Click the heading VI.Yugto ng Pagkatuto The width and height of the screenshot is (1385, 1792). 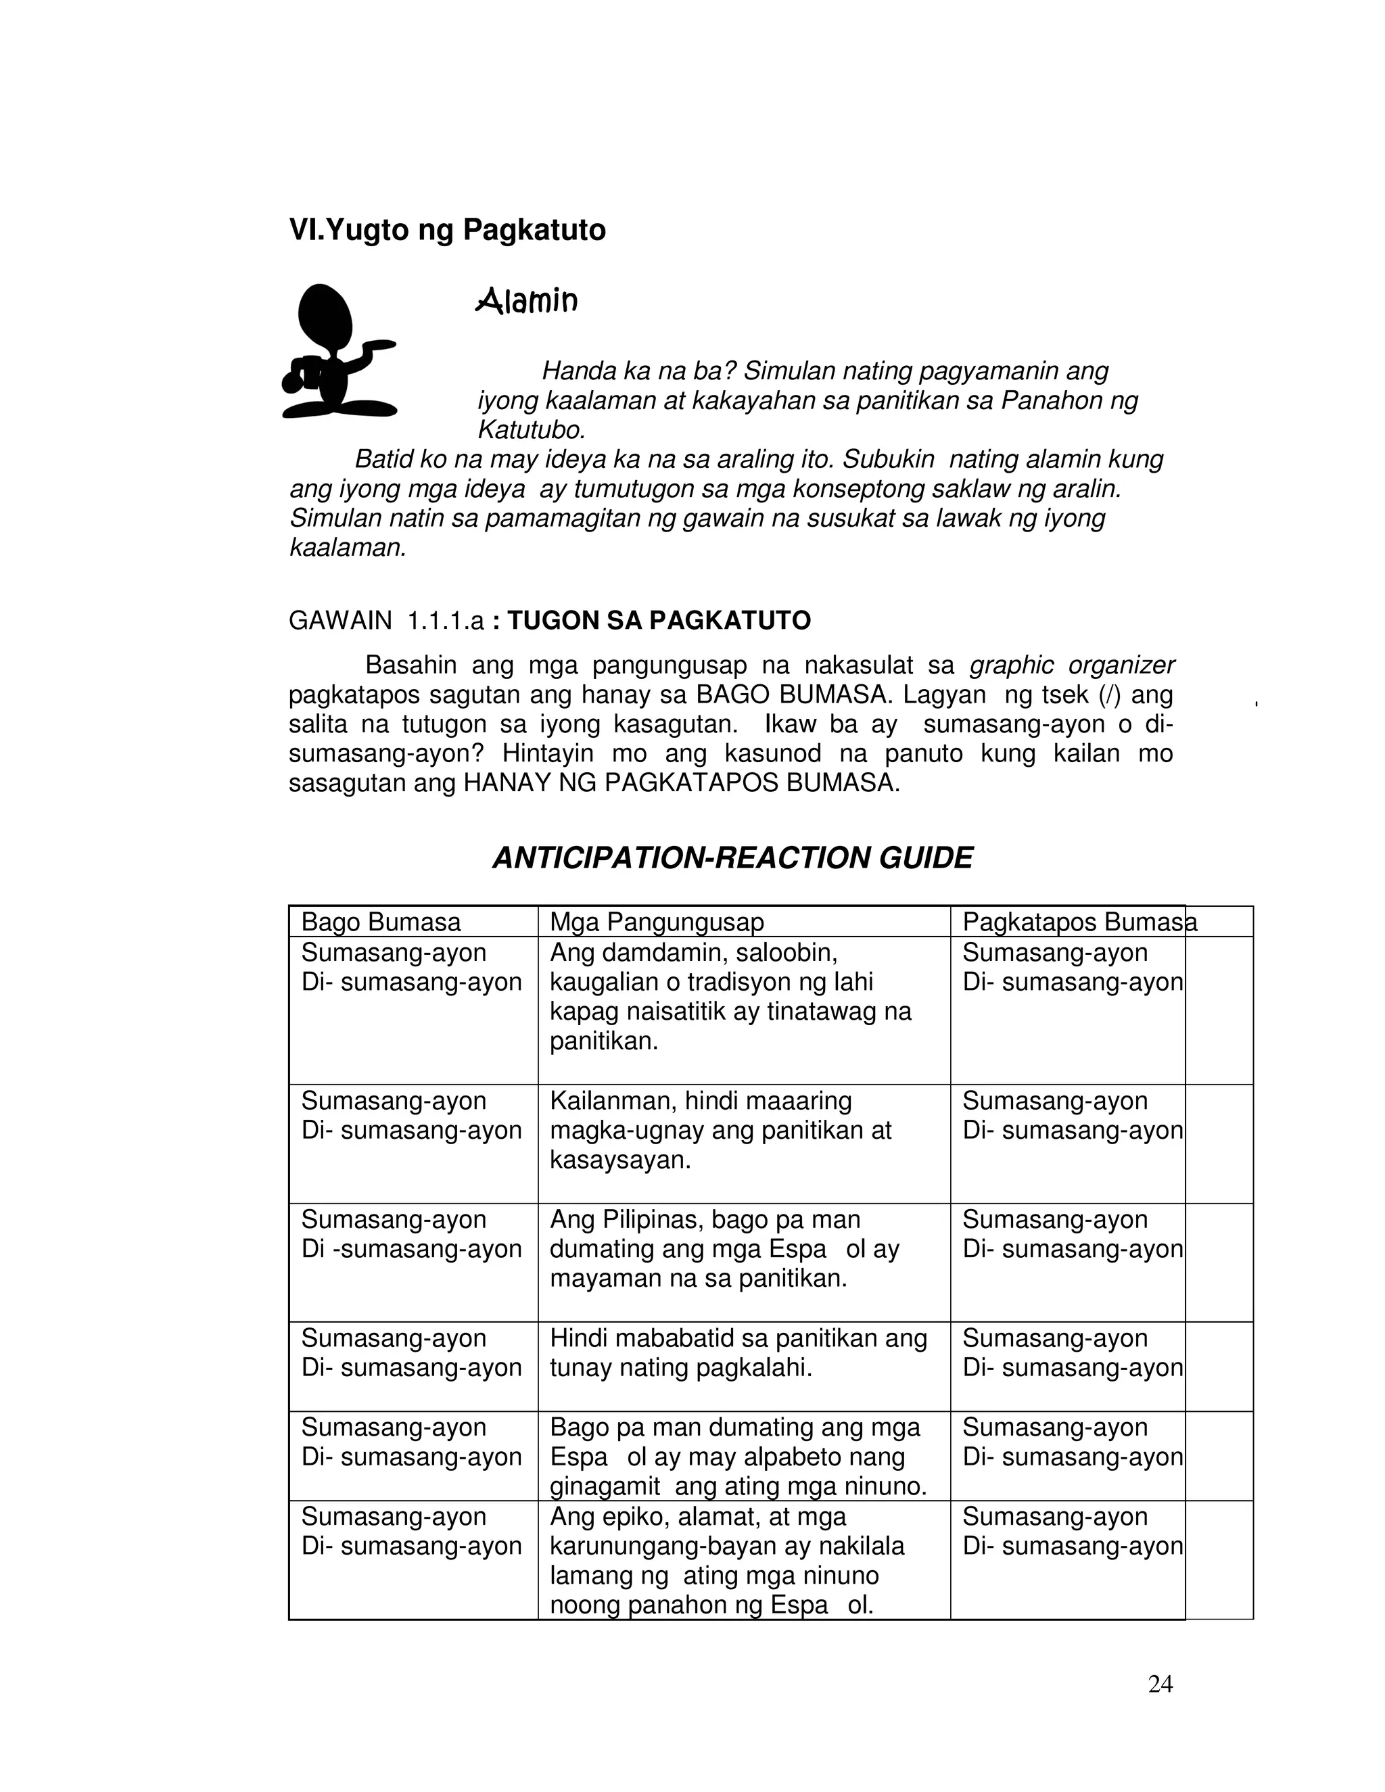[x=447, y=230]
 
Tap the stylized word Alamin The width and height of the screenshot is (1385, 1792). [x=527, y=301]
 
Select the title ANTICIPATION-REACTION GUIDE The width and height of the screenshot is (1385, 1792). [x=732, y=858]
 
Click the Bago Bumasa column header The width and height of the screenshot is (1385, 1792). [x=381, y=922]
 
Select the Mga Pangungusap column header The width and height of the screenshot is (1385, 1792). [x=657, y=922]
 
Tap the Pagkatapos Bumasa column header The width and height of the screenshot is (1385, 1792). [x=1079, y=922]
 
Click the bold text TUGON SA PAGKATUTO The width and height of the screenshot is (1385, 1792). [x=659, y=620]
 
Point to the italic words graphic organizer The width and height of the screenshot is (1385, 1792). [x=1072, y=665]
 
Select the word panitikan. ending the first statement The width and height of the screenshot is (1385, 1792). [x=604, y=1042]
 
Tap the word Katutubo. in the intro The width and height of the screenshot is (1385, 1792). [x=532, y=430]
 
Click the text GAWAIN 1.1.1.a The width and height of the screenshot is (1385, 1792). [x=385, y=620]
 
